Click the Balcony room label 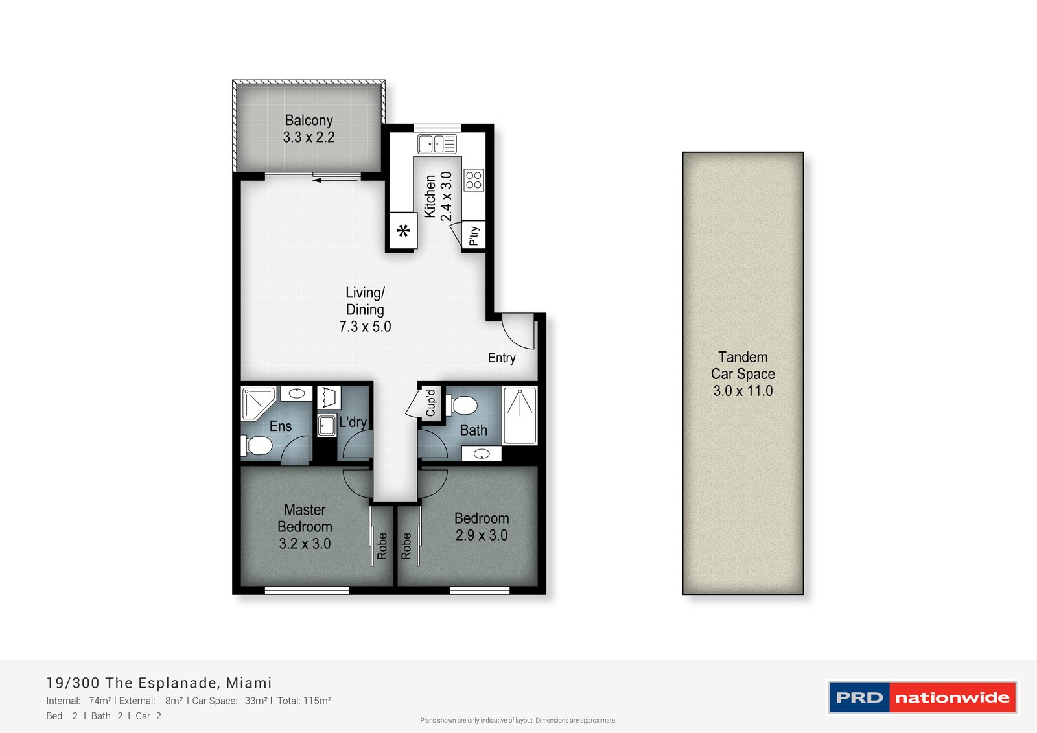309,121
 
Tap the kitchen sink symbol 437,144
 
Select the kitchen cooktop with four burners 474,180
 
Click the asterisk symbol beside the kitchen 403,230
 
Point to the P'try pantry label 474,236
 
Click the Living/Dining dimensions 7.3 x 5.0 365,327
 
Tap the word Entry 502,358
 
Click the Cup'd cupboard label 430,402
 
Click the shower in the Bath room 520,415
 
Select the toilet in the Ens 256,446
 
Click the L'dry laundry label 353,422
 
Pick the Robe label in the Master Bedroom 382,546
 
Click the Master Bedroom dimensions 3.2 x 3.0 305,543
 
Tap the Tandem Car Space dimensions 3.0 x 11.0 743,391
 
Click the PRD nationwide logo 922,697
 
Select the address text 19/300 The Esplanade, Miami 159,682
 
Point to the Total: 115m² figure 304,701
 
